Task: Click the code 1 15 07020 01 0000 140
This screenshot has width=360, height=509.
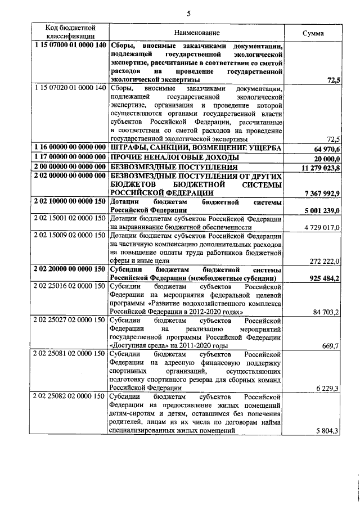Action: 70,88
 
